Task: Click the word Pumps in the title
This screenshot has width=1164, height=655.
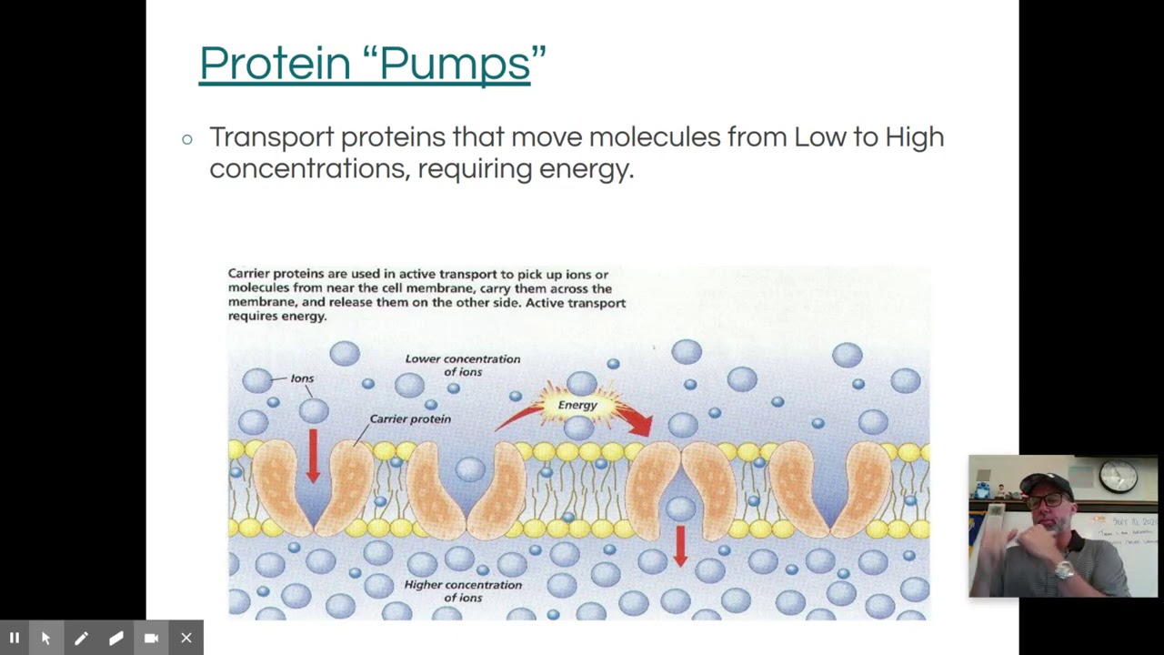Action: click(455, 64)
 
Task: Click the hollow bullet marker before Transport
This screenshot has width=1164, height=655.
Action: click(187, 139)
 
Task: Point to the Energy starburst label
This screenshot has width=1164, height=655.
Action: click(577, 405)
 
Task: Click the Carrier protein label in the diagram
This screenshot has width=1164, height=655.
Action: click(410, 419)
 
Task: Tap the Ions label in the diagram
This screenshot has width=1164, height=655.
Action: click(302, 378)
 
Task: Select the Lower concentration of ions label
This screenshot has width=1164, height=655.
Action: click(463, 365)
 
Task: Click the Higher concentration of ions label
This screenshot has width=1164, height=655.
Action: click(463, 590)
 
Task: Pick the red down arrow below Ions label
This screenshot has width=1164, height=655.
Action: click(313, 455)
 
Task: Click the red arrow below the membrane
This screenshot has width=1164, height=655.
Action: click(680, 545)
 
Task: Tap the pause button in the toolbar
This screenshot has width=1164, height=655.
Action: click(15, 639)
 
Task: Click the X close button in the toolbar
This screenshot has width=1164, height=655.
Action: click(186, 639)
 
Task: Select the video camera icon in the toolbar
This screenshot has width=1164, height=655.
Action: click(151, 639)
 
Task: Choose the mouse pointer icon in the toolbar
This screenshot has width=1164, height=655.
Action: click(46, 639)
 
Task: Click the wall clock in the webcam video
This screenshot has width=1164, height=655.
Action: click(1118, 475)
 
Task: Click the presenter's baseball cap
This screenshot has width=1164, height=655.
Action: click(1046, 483)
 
